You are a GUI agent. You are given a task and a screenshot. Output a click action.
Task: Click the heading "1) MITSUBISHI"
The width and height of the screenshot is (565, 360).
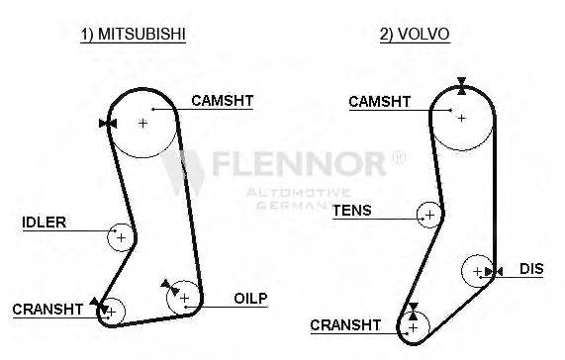pos(134,34)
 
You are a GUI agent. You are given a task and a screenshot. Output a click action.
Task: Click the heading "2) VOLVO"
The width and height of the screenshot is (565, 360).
pos(415,34)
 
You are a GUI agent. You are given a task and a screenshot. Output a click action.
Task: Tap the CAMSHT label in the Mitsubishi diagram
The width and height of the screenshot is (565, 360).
pos(222,100)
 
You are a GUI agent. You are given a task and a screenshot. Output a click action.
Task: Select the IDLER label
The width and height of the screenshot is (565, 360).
pos(44,223)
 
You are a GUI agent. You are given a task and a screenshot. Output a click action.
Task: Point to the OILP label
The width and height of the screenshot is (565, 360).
pos(250,298)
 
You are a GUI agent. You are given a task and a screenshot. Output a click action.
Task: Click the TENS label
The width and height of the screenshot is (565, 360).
pos(351,211)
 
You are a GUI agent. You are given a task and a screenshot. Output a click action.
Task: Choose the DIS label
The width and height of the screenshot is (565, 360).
pos(532,268)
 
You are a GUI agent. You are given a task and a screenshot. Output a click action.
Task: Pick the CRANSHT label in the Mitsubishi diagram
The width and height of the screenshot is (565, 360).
pos(47,310)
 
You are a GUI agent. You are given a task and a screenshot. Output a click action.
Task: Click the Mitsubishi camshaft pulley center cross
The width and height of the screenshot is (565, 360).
pos(142,123)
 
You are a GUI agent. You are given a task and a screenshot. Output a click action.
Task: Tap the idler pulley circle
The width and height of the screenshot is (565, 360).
pos(121,237)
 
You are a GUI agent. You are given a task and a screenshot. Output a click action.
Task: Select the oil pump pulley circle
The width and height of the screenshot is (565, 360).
pos(184,297)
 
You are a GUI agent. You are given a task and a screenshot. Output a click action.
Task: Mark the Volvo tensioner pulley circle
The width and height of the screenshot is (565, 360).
pos(428,214)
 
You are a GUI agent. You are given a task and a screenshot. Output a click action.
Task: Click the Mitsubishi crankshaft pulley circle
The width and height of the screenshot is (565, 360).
pos(111,312)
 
